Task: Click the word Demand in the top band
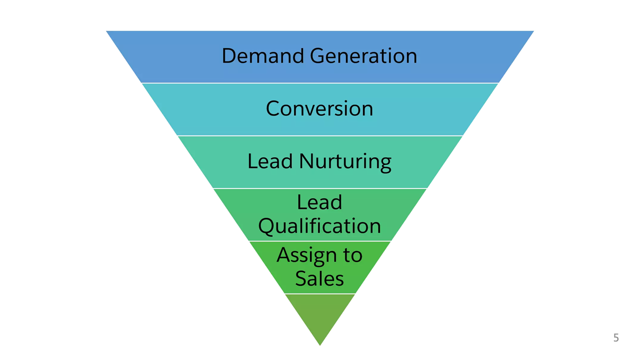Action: pos(263,55)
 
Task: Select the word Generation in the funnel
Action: pos(363,55)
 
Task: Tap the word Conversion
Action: pos(319,108)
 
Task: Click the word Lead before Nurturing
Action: pos(270,161)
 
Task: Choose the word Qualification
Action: pos(319,226)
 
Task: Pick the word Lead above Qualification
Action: pos(319,202)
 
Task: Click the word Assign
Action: pos(304,255)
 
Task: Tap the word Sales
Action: pos(319,278)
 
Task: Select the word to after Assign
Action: pos(351,255)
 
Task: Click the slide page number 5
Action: pos(616,338)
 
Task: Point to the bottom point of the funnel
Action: pos(320,344)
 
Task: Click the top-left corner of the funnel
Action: pos(107,32)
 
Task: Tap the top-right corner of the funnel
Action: pos(532,32)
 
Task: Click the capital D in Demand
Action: pos(228,55)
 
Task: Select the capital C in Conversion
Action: pos(272,108)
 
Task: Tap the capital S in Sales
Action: pos(301,278)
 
